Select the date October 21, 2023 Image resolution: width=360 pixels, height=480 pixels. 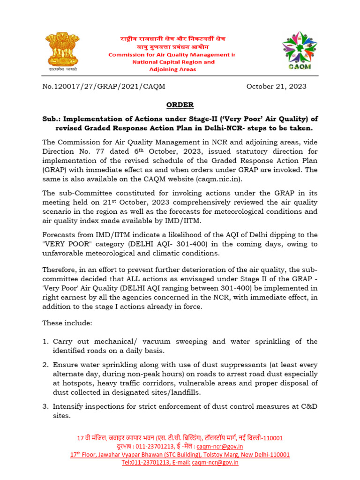tap(276, 86)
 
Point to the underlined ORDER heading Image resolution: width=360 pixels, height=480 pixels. tap(180, 105)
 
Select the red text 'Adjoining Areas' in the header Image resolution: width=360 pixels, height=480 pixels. tap(172, 69)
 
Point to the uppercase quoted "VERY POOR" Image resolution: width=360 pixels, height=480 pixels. tap(65, 244)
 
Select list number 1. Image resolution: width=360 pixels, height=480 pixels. tap(45, 342)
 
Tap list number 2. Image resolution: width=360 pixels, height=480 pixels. tap(45, 365)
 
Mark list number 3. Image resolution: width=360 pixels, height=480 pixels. tap(45, 406)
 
